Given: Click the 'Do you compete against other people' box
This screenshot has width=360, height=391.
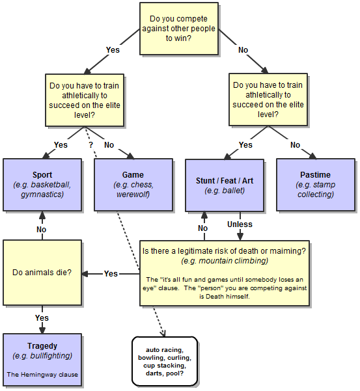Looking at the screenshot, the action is (x=179, y=29).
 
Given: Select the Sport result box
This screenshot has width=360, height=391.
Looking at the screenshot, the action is (x=42, y=185).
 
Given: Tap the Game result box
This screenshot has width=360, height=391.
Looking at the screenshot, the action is (x=133, y=185).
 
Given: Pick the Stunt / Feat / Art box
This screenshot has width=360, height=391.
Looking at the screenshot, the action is (x=225, y=185).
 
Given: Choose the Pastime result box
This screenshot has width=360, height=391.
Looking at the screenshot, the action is (x=316, y=185).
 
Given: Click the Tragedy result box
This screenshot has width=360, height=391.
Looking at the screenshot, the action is (x=42, y=360).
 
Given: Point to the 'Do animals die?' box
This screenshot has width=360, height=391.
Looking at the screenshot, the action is (x=42, y=273).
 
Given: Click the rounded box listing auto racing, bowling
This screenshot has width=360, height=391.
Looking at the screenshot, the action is (x=165, y=361).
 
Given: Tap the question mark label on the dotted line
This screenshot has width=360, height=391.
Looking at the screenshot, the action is (x=90, y=144).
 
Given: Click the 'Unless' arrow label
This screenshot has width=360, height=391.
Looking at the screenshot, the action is (x=240, y=224).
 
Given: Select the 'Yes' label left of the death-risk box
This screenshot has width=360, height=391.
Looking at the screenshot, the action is (x=111, y=273).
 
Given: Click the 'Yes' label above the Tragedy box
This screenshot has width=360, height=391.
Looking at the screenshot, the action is (x=42, y=318).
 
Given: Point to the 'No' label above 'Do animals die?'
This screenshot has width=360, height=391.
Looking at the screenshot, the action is (x=42, y=230).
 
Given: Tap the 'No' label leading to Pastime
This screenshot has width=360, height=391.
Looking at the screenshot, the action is (x=295, y=145).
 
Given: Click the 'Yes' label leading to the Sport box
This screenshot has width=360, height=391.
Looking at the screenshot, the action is (x=61, y=145).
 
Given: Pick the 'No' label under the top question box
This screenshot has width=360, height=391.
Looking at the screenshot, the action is (x=243, y=50).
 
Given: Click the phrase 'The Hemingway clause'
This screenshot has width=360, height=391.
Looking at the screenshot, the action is (x=42, y=375).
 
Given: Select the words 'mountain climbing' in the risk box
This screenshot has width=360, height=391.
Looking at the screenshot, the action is (x=234, y=261).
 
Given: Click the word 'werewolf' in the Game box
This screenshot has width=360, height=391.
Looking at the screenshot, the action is (x=133, y=195).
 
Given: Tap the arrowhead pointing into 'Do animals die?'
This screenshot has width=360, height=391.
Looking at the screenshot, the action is (x=85, y=274).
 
